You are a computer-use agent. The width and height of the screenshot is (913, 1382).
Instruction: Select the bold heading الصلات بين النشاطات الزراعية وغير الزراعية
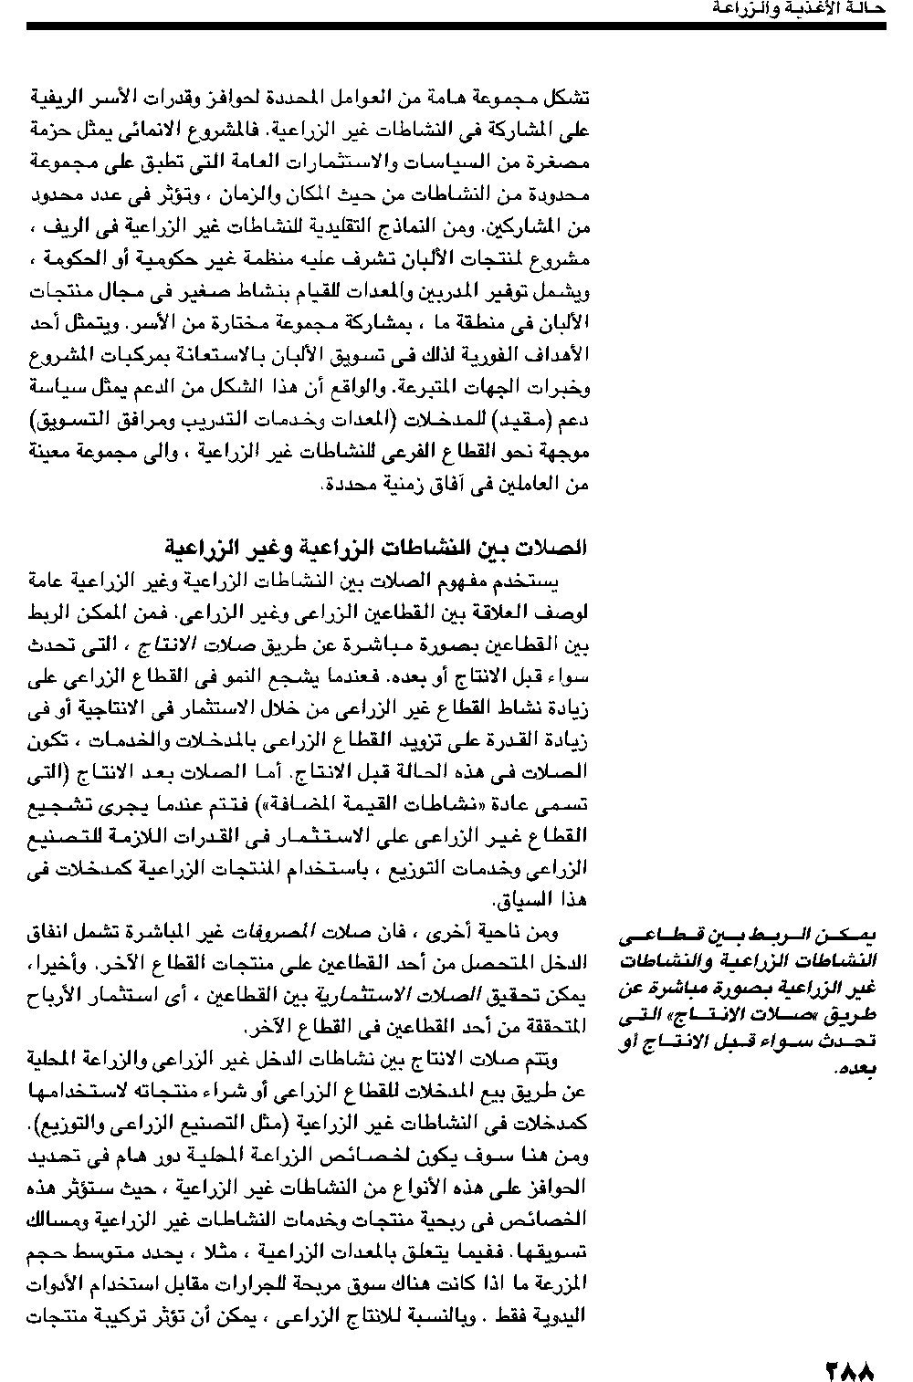click(375, 548)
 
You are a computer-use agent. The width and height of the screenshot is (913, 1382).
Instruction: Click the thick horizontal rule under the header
click(456, 26)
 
